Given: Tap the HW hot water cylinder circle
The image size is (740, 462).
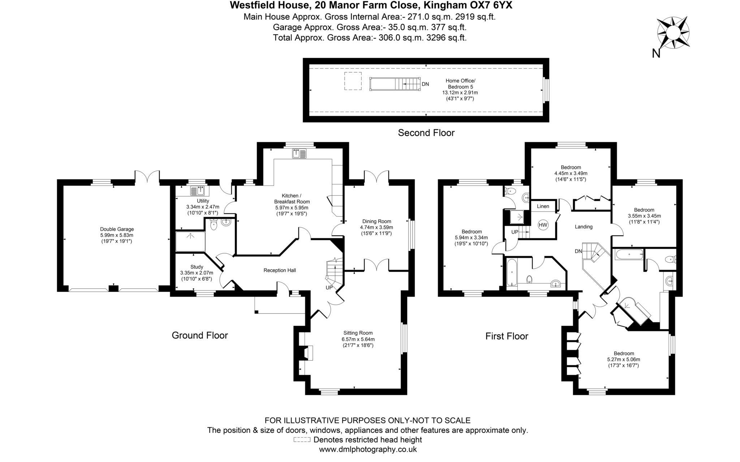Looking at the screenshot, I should tap(543, 225).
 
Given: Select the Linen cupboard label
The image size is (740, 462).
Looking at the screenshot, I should tap(543, 206).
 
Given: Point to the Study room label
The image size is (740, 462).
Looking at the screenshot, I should tap(197, 267).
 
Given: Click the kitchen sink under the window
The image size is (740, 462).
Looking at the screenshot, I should tap(299, 153).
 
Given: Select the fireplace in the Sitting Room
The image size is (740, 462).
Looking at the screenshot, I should tap(308, 353).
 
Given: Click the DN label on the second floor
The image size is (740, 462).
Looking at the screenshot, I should tap(425, 84).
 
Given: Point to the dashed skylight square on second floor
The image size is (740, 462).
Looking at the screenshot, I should tap(353, 81).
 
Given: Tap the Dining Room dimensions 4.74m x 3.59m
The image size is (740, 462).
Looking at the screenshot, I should tap(376, 227).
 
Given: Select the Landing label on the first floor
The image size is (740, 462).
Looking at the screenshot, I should tap(584, 227).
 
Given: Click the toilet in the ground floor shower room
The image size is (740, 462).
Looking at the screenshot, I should tap(214, 226).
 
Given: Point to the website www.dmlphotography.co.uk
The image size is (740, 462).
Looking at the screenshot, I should tap(367, 449).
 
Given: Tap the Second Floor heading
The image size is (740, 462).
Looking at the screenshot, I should tap(426, 133).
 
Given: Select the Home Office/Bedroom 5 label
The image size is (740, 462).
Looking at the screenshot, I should tap(460, 84).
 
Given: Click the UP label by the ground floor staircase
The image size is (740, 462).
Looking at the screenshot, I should tap(329, 288).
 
